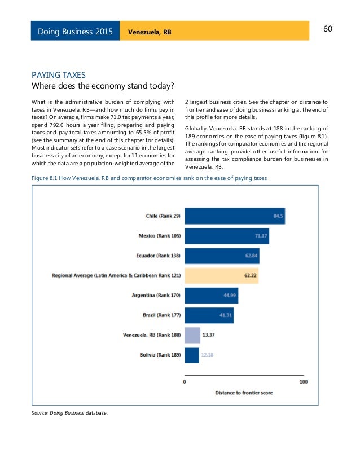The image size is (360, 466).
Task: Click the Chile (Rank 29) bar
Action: [235, 216]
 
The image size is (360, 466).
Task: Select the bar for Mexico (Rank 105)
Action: [227, 236]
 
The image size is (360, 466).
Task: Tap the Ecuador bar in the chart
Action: [222, 256]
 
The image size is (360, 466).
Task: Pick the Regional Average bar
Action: [221, 276]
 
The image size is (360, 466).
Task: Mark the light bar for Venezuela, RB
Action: [192, 335]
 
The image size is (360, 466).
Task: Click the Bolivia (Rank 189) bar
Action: [192, 355]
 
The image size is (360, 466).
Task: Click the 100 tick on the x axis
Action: [303, 382]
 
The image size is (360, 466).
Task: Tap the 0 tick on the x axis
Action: [186, 382]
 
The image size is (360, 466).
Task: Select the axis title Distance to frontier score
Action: [244, 392]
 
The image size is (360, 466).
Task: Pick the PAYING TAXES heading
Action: [58, 74]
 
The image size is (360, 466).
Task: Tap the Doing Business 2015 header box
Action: [74, 32]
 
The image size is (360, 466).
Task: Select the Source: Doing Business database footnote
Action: [69, 412]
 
